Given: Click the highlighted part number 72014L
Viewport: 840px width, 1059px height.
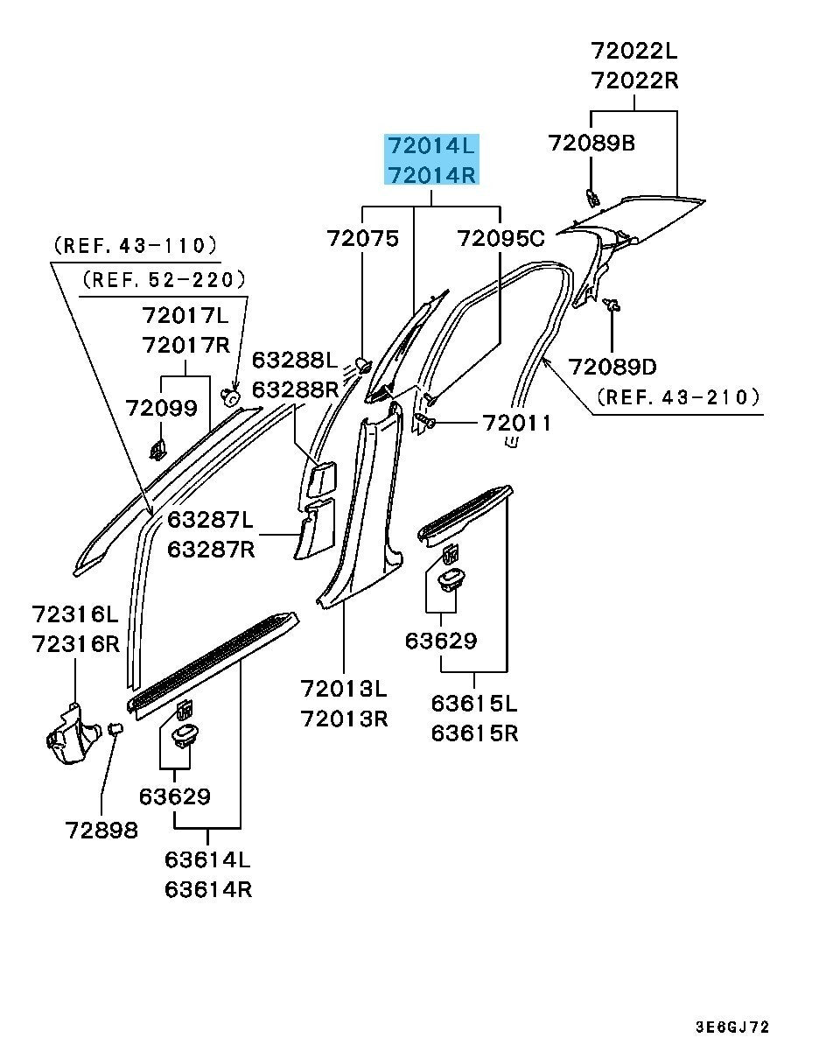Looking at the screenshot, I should pos(433,144).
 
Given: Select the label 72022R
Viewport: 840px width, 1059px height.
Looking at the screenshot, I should pos(634,81).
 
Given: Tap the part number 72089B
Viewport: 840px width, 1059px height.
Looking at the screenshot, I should pos(591,143).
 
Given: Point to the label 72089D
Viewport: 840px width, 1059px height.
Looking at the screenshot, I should pos(612,366).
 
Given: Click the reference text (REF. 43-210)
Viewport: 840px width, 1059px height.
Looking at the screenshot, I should pos(677,397).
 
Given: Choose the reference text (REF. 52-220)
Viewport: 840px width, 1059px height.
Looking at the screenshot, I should pos(164,280).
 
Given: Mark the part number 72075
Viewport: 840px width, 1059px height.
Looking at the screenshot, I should pos(363,238).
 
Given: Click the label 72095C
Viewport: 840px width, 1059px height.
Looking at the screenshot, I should pos(500,238).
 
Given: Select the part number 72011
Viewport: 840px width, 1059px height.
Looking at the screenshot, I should pos(517,424).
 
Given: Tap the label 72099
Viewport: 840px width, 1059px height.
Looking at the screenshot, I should pos(162,408).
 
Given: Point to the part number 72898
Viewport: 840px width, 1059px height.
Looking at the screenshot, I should pos(101,830).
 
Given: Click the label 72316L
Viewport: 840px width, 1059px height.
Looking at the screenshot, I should pos(75,614).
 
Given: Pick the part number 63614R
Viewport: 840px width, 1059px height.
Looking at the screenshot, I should pos(208,889).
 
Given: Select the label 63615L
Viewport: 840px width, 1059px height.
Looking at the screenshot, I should pos(474,703).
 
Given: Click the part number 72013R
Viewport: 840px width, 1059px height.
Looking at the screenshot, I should pos(344,719).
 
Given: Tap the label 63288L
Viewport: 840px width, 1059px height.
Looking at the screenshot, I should pos(295,360).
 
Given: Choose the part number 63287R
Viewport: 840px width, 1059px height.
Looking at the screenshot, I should pos(210,550).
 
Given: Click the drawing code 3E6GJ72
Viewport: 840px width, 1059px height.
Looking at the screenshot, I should pos(733,1027).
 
